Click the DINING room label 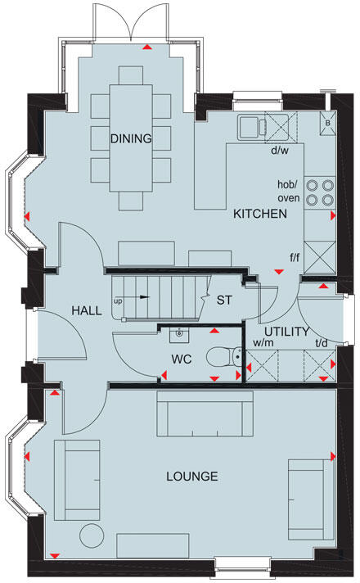click(x=131, y=138)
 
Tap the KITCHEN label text click(x=259, y=214)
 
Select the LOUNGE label click(x=191, y=476)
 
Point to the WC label click(x=182, y=359)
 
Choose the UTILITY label click(x=286, y=332)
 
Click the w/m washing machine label click(x=263, y=343)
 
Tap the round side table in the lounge click(x=92, y=535)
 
